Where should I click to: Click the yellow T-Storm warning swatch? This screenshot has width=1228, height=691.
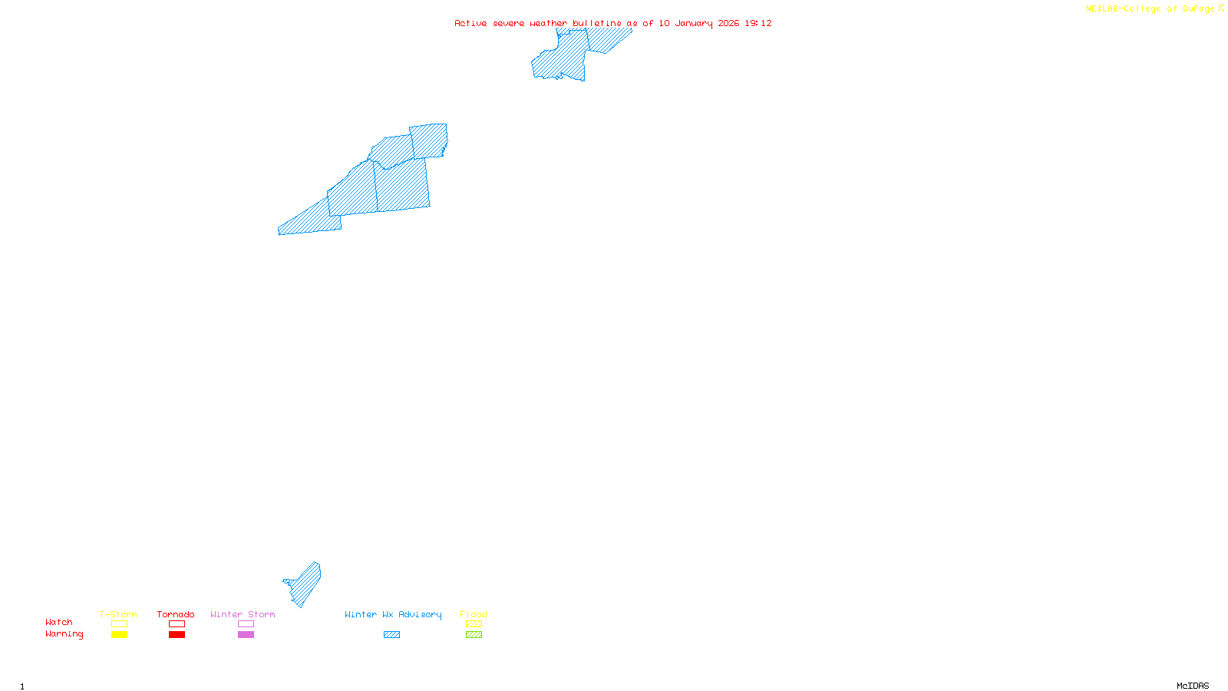(x=119, y=635)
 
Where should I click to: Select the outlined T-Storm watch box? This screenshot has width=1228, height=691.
(x=119, y=624)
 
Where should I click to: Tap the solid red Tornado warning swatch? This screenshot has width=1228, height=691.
(x=177, y=635)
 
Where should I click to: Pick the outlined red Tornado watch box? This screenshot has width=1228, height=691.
(x=177, y=624)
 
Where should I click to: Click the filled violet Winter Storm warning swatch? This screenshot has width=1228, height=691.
(x=246, y=635)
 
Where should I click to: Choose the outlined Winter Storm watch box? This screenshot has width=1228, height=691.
(x=246, y=624)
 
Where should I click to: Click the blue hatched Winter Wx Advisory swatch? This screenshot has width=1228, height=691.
(x=391, y=635)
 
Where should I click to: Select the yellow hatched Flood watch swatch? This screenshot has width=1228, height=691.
(x=474, y=624)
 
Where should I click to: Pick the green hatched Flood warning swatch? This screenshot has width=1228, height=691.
(x=474, y=635)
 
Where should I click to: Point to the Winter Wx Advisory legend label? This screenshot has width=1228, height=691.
(x=393, y=614)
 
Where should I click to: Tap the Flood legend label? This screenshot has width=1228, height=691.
(x=474, y=614)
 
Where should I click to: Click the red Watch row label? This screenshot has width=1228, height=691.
(x=59, y=622)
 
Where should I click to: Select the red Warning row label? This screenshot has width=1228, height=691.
(x=64, y=634)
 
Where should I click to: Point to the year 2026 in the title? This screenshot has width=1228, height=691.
(x=728, y=23)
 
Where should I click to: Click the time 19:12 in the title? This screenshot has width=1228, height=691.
(x=758, y=23)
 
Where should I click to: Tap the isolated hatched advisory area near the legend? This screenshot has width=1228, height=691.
(x=307, y=584)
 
